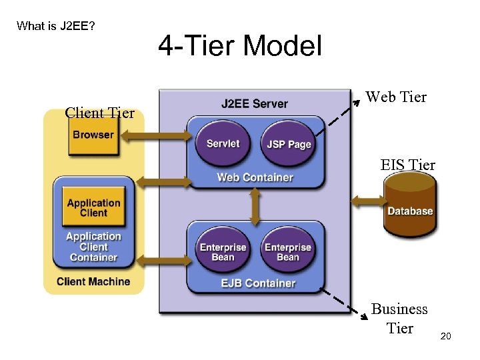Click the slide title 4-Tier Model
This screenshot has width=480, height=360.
[x=240, y=47]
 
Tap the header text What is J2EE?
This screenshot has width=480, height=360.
[x=56, y=26]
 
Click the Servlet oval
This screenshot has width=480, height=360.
[x=223, y=144]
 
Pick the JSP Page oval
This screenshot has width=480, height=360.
[x=289, y=145]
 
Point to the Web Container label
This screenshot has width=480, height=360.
[x=255, y=177]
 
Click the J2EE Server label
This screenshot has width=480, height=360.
[x=255, y=104]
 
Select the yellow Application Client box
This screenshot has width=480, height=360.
[x=93, y=208]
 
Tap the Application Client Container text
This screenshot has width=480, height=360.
[x=93, y=247]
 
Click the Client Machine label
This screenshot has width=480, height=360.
[x=93, y=281]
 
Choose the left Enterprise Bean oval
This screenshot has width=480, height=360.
[x=223, y=251]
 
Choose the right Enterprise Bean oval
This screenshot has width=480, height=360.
[x=287, y=251]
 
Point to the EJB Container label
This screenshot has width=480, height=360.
[x=258, y=283]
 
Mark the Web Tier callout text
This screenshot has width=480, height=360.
[x=395, y=97]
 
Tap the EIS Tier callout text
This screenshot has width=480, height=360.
[x=407, y=165]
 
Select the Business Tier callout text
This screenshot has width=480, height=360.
[x=399, y=319]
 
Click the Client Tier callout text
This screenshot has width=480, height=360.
[x=99, y=113]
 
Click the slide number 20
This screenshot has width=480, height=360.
[x=445, y=336]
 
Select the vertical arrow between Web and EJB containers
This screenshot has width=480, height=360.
[x=255, y=206]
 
